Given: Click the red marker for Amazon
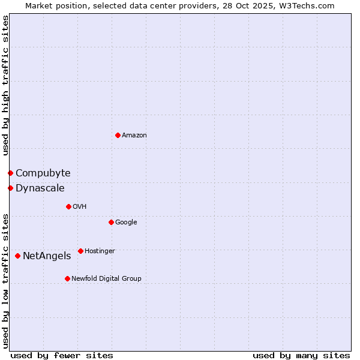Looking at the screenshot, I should pyautogui.click(x=118, y=135).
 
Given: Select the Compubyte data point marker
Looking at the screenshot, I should pyautogui.click(x=10, y=173).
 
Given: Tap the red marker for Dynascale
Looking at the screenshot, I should pyautogui.click(x=10, y=188).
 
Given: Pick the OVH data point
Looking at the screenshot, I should pyautogui.click(x=68, y=206).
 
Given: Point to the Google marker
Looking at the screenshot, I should pyautogui.click(x=111, y=222).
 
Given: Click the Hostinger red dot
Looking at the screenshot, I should pyautogui.click(x=80, y=251).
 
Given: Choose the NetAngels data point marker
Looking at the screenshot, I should pyautogui.click(x=17, y=256).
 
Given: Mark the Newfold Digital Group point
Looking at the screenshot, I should pyautogui.click(x=67, y=278).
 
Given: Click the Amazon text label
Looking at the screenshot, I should pyautogui.click(x=134, y=136).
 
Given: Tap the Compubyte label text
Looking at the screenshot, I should pyautogui.click(x=43, y=173).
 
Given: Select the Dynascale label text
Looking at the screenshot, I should pyautogui.click(x=40, y=188).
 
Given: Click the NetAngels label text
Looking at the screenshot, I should pyautogui.click(x=47, y=256).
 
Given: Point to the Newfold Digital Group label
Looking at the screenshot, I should pyautogui.click(x=106, y=278).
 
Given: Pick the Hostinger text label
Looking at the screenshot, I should pyautogui.click(x=100, y=251).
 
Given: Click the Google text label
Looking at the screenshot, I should pyautogui.click(x=126, y=223).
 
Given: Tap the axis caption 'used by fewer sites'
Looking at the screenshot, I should pyautogui.click(x=62, y=355).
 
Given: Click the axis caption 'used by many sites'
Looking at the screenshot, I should pyautogui.click(x=301, y=355).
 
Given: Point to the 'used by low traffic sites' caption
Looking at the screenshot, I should pyautogui.click(x=5, y=280).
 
